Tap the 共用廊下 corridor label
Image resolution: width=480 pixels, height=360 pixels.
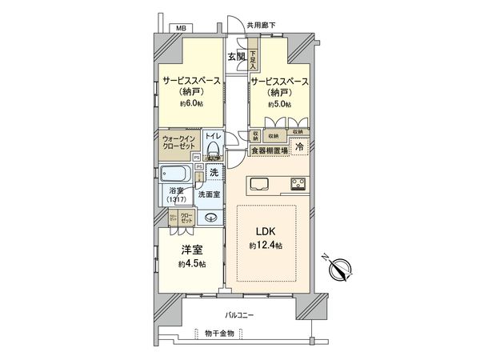(x=262, y=26)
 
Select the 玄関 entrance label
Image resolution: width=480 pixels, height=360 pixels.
(x=236, y=57)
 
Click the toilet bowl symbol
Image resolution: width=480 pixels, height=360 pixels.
(x=212, y=150)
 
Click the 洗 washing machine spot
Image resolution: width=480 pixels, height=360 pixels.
(x=214, y=172)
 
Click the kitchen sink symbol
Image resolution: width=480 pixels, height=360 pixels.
(x=262, y=185)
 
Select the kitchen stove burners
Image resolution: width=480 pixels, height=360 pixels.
(x=298, y=185)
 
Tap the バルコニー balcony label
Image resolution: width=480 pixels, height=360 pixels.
(x=238, y=315)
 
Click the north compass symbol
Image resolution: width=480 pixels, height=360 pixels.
(x=339, y=270)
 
